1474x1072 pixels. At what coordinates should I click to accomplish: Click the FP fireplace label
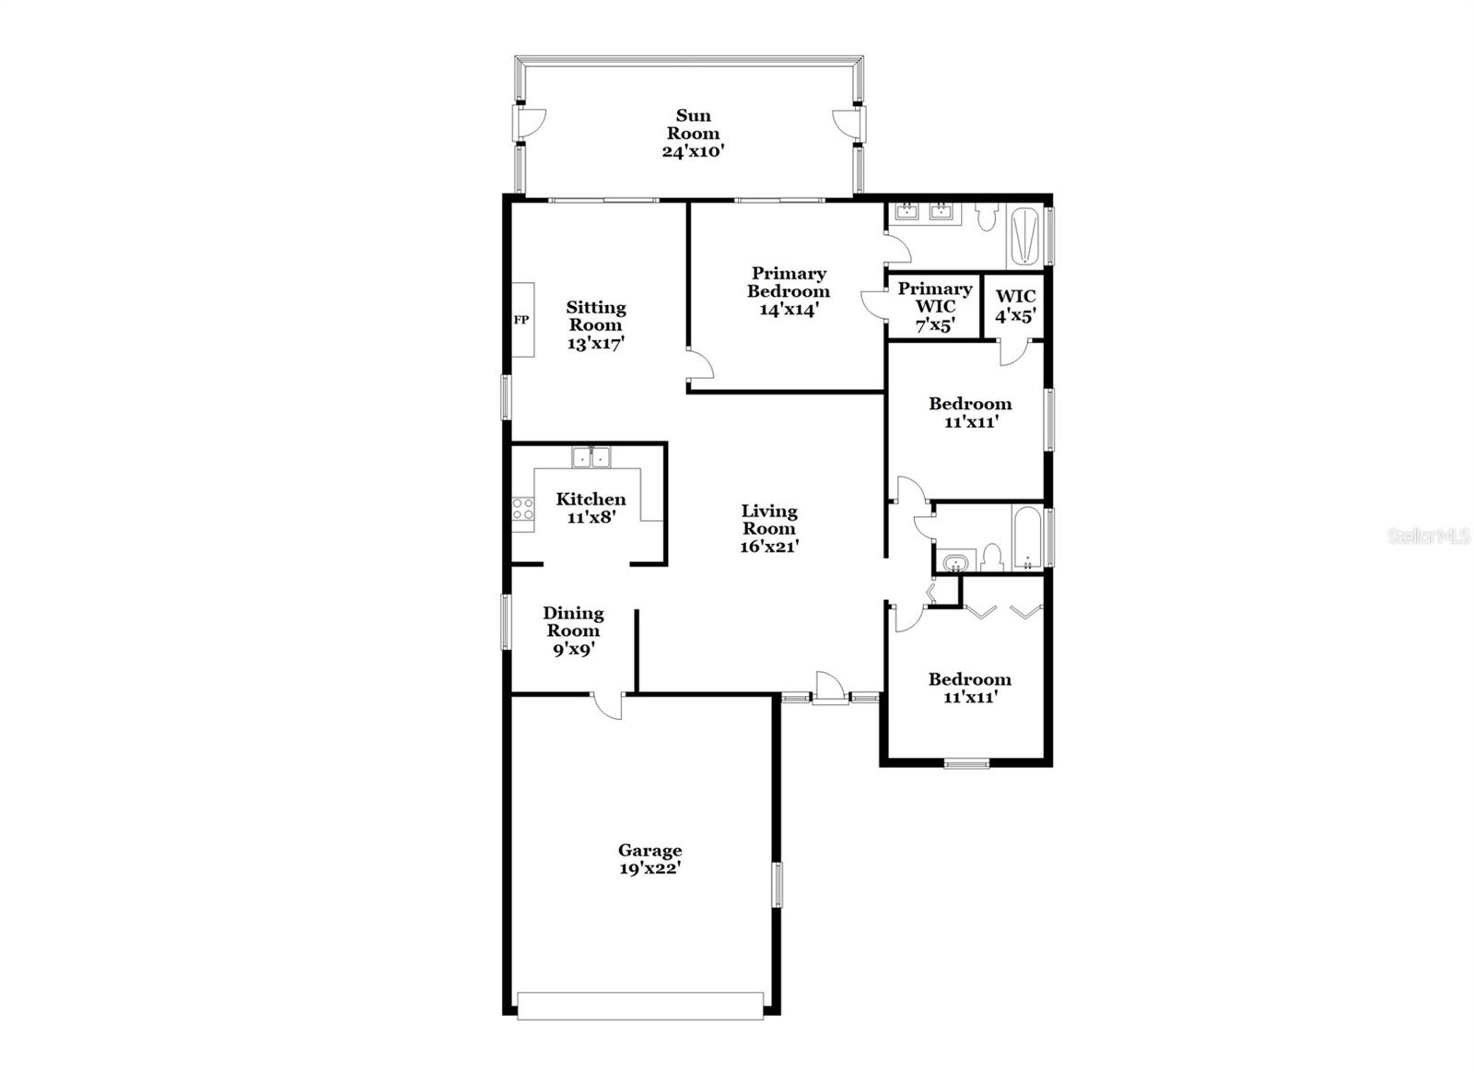pyautogui.click(x=521, y=320)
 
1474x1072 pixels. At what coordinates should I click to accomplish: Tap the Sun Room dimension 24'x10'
pyautogui.click(x=693, y=151)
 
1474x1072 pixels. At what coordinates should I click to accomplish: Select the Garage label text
pyautogui.click(x=649, y=851)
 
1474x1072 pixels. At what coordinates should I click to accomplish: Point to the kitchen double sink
pyautogui.click(x=591, y=456)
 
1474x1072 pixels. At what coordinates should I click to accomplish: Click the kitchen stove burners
pyautogui.click(x=523, y=508)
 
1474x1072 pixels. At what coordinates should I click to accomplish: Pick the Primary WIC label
pyautogui.click(x=934, y=298)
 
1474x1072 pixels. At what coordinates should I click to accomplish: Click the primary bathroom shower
pyautogui.click(x=1025, y=237)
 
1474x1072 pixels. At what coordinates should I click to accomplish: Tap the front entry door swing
pyautogui.click(x=830, y=688)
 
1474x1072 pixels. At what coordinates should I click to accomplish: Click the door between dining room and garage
pyautogui.click(x=608, y=704)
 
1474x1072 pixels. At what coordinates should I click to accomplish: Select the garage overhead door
pyautogui.click(x=640, y=1006)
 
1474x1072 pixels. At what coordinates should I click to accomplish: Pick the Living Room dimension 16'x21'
pyautogui.click(x=769, y=546)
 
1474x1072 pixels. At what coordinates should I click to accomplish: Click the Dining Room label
pyautogui.click(x=573, y=621)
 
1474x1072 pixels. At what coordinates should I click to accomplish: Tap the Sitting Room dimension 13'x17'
pyautogui.click(x=596, y=343)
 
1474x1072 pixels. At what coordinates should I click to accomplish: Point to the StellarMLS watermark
pyautogui.click(x=1429, y=536)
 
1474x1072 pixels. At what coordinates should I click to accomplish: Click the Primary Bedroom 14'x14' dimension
pyautogui.click(x=789, y=310)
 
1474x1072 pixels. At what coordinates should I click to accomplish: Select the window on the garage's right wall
pyautogui.click(x=777, y=884)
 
